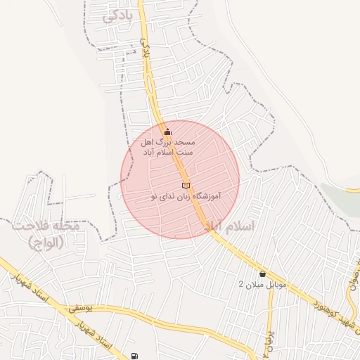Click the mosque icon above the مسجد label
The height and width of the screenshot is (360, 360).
pos(167,131)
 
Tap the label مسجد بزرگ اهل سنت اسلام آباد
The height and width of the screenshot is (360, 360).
pos(168,146)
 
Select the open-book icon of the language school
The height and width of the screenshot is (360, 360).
pos(185,185)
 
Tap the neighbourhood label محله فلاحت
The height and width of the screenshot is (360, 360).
pos(47,227)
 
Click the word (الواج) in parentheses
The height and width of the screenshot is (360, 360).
pos(46,243)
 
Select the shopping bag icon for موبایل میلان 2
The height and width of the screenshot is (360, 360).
pos(262,274)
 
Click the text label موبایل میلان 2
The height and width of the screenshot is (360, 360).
pos(263,285)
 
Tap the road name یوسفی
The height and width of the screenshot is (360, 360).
pos(81,309)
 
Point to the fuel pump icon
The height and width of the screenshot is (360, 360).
pos(134,356)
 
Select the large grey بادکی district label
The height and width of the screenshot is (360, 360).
pos(117,16)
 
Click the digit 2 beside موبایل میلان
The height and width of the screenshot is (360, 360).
pos(241,285)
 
